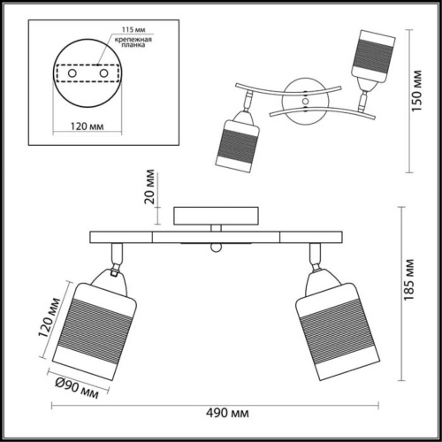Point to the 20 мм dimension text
click(151, 187)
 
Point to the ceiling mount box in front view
click(217, 217)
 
